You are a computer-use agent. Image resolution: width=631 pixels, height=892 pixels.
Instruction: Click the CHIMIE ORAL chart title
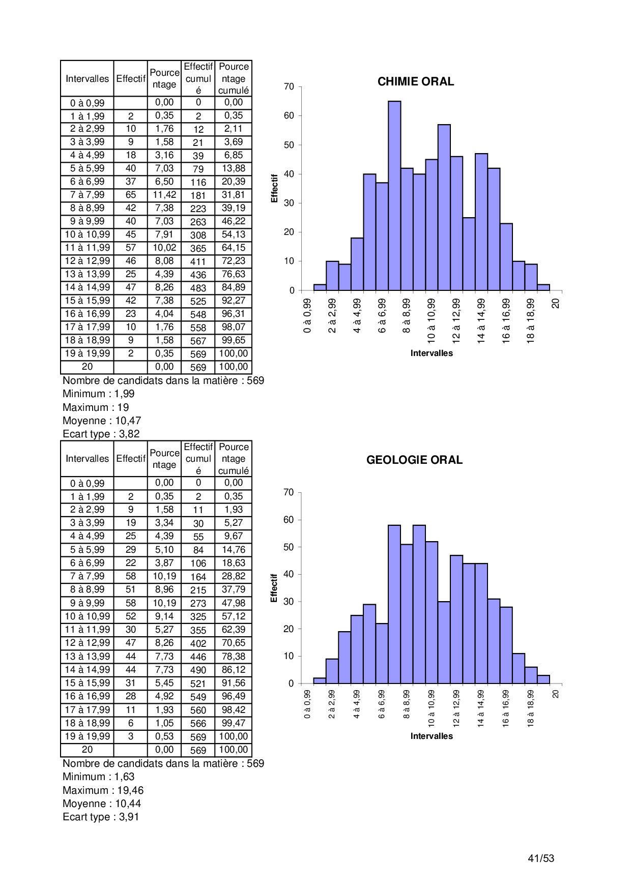point(415,81)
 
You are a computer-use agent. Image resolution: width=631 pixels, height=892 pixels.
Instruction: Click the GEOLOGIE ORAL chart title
point(414,460)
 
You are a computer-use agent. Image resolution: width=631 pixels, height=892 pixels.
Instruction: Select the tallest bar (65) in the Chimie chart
point(394,196)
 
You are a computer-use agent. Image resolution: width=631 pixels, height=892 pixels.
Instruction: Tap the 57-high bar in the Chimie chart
point(444,207)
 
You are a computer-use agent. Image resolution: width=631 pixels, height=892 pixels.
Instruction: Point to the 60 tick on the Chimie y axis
point(289,116)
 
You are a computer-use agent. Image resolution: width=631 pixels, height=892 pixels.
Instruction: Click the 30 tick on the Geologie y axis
point(289,602)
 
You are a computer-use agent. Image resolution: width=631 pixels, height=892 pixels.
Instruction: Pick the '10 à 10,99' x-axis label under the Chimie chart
point(432,320)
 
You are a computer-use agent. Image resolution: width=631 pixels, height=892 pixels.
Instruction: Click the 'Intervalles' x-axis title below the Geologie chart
point(432,736)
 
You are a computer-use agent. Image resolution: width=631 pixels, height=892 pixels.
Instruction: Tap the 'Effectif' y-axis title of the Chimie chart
point(274,188)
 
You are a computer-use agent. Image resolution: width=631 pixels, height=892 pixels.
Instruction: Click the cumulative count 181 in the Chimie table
point(198,195)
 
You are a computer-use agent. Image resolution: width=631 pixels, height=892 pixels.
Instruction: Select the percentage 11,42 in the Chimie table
point(164,195)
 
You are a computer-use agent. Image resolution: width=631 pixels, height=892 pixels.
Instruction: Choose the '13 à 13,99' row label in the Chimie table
point(88,274)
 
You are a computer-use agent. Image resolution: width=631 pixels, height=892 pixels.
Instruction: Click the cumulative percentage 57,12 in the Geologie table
point(234,616)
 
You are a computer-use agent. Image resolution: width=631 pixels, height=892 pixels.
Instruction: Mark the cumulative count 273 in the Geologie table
point(198,604)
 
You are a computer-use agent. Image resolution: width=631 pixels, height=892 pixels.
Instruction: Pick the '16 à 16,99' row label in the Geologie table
point(88,696)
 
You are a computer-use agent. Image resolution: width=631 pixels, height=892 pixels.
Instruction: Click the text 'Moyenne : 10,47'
point(102,421)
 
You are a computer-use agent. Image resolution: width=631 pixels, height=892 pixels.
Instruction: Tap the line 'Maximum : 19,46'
point(103,790)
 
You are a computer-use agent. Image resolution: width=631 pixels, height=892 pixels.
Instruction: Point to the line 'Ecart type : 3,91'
point(101,817)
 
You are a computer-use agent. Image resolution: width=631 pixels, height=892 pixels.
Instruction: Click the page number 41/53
point(541,858)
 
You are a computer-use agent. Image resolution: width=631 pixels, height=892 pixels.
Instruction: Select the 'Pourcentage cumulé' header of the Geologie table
point(234,459)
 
